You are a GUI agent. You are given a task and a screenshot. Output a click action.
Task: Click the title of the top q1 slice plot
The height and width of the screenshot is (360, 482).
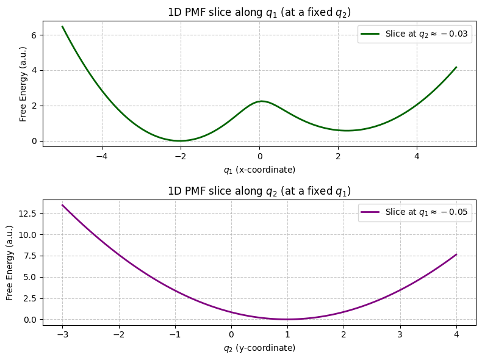pyautogui.click(x=259, y=12)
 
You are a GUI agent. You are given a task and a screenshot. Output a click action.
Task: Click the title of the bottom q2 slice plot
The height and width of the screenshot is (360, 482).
pyautogui.click(x=259, y=191)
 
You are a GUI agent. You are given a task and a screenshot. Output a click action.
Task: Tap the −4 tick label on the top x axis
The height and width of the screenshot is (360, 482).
pyautogui.click(x=102, y=156)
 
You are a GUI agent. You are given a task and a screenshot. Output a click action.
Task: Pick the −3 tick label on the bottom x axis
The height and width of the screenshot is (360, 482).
pyautogui.click(x=62, y=335)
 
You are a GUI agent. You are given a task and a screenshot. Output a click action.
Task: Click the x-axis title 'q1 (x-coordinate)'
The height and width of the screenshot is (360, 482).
pyautogui.click(x=259, y=169)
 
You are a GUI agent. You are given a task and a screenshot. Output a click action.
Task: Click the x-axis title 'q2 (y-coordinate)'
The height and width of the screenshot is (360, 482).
pyautogui.click(x=259, y=348)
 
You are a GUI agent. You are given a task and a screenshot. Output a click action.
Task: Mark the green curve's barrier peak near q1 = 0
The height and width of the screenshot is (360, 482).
pyautogui.click(x=262, y=101)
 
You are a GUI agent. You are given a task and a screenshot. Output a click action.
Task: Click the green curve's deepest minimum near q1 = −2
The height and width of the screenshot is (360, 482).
pyautogui.click(x=180, y=141)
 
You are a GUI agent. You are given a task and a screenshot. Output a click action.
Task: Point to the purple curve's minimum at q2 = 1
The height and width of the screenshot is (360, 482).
pyautogui.click(x=287, y=319)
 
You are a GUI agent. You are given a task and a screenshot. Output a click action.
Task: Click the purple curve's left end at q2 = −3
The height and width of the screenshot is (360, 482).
pyautogui.click(x=62, y=205)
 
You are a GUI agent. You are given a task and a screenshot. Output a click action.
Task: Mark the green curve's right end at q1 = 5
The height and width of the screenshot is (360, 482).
pyautogui.click(x=456, y=67)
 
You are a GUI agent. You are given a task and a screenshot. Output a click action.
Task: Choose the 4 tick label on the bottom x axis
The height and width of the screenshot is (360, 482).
pyautogui.click(x=456, y=335)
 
